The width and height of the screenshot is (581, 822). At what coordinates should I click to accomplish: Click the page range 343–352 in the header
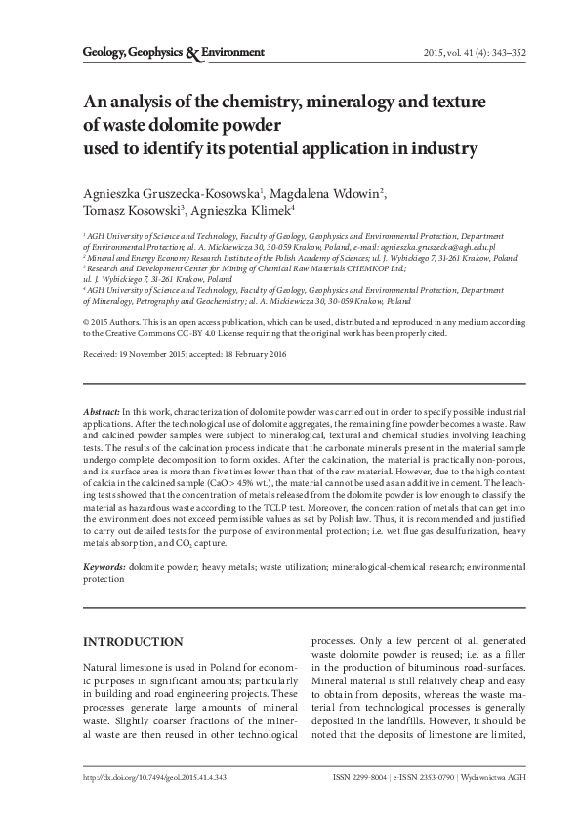[x=501, y=52]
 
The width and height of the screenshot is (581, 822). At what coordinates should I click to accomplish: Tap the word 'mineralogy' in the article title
[x=339, y=103]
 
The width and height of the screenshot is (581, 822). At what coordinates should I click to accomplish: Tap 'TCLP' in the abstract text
[x=280, y=507]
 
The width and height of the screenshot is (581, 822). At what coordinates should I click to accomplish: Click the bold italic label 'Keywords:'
[x=102, y=566]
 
